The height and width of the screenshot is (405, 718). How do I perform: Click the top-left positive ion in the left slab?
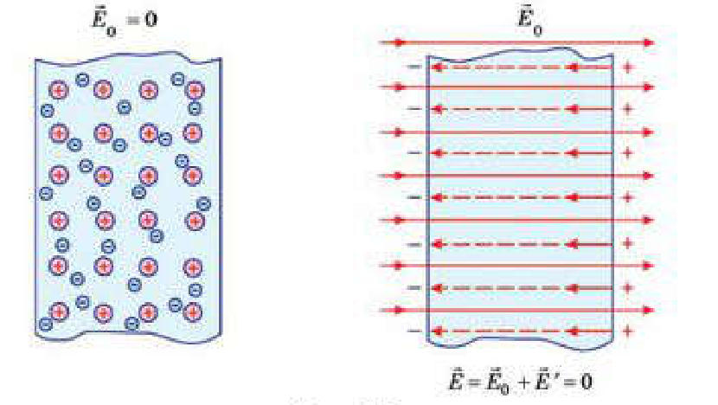click(59, 90)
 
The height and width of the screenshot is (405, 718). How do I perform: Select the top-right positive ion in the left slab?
click(195, 90)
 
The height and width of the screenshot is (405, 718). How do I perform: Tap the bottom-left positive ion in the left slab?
click(59, 312)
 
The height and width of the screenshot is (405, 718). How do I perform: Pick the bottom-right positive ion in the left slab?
click(193, 312)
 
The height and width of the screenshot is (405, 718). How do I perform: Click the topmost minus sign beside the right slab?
click(414, 67)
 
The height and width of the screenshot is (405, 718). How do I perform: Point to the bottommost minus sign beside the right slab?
click(414, 331)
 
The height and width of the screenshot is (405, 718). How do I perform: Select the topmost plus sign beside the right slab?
click(628, 67)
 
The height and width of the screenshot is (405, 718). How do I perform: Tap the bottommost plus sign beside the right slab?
click(628, 331)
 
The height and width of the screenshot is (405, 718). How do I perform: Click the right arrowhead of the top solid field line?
click(650, 43)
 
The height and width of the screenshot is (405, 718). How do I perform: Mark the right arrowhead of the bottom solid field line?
click(649, 310)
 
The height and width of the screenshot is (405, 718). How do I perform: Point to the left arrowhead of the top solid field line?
click(400, 43)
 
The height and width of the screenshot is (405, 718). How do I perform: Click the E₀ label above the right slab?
click(529, 22)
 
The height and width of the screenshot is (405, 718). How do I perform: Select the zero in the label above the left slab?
click(151, 19)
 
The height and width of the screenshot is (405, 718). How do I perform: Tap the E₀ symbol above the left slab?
click(105, 20)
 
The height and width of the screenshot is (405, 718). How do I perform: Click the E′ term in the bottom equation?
click(545, 381)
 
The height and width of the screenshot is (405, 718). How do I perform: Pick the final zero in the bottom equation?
click(587, 382)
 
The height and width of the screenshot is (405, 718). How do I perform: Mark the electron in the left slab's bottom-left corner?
click(45, 325)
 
